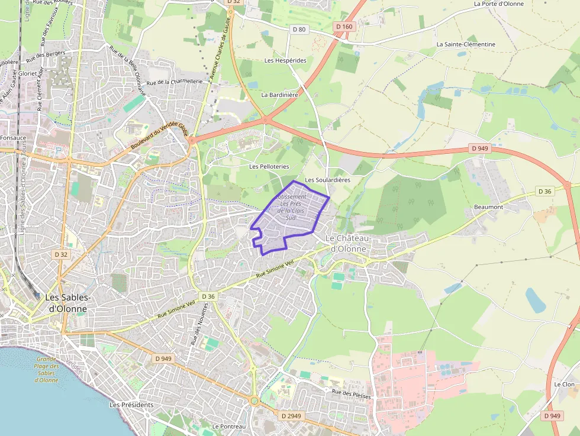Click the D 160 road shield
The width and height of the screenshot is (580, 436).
pos(344,27)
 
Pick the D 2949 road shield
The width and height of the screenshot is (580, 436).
pos(291,416)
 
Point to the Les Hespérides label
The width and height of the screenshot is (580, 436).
pos(285,60)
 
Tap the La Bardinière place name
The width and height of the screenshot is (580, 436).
pos(279,95)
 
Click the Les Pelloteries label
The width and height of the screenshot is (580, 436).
pos(269,167)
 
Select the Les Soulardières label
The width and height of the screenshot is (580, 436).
pos(327,180)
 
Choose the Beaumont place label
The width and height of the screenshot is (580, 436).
pos(488,207)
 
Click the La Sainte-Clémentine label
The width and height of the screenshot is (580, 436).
pos(466,44)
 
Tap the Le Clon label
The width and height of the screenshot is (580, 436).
pos(564,385)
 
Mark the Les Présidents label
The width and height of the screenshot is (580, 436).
pos(131,405)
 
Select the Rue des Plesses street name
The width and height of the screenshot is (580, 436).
pos(352,394)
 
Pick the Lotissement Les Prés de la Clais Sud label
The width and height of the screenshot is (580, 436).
pos(291,207)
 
